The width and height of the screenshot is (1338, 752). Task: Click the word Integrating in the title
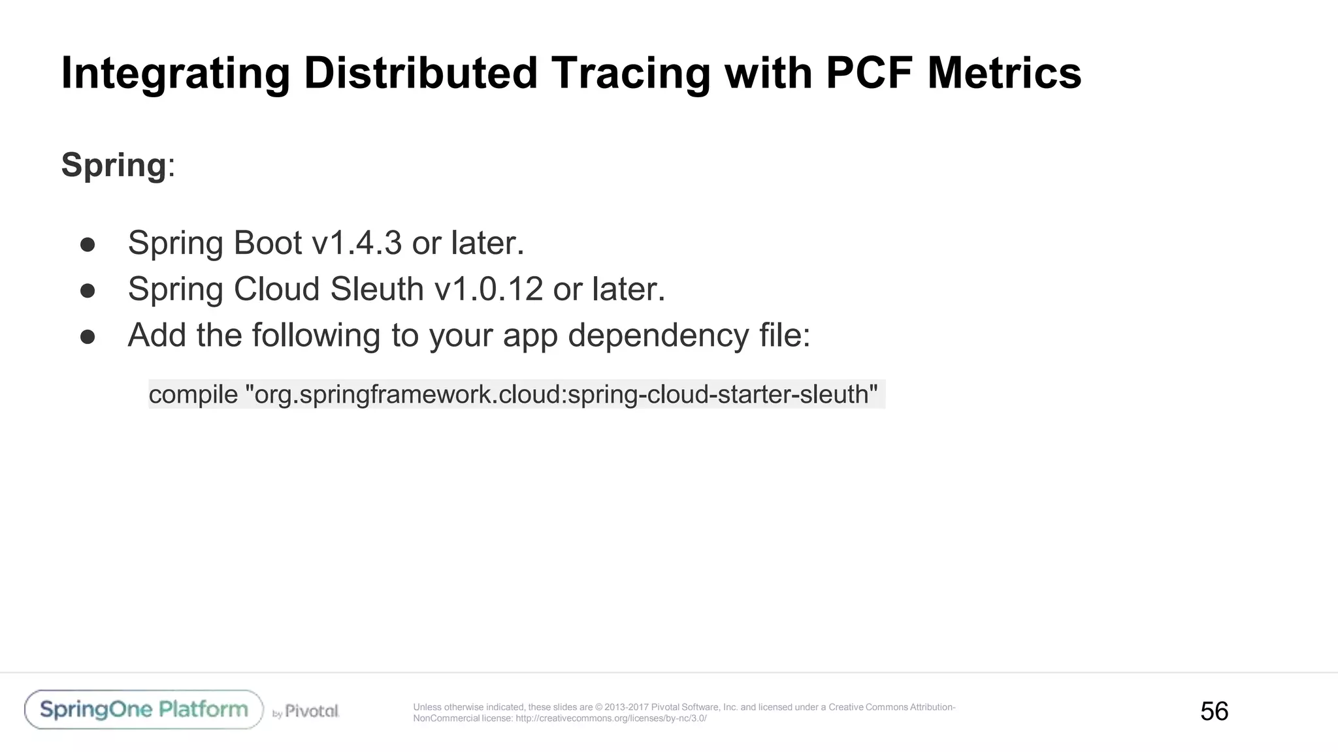point(175,73)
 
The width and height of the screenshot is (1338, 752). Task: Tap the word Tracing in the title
point(630,73)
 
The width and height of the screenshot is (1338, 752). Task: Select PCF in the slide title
point(868,73)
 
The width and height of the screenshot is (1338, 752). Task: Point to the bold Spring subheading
point(114,164)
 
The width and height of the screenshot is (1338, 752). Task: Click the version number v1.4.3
point(357,243)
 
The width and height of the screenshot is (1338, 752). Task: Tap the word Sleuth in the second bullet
point(377,289)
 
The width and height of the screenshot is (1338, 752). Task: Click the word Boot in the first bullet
point(268,243)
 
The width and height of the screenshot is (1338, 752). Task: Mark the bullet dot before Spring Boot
point(88,245)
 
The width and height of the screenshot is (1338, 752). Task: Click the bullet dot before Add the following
point(88,337)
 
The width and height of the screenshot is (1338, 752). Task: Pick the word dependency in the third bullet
point(658,336)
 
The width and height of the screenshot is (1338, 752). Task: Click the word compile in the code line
point(193,394)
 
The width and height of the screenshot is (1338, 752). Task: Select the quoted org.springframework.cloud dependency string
point(561,394)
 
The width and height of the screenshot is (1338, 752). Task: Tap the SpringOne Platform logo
point(144,710)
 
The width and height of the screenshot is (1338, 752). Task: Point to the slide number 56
point(1214,711)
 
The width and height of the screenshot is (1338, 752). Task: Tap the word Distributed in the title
point(421,73)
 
